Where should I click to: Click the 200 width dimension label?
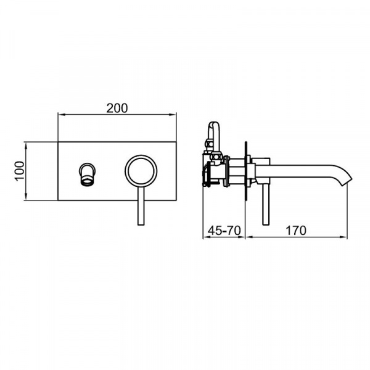(117, 109)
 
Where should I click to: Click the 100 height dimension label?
(20, 171)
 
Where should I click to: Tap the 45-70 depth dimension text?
(224, 230)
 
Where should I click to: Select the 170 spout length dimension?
(296, 230)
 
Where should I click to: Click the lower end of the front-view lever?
(141, 224)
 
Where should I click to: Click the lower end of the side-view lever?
(266, 224)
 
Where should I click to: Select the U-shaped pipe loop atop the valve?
(213, 123)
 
